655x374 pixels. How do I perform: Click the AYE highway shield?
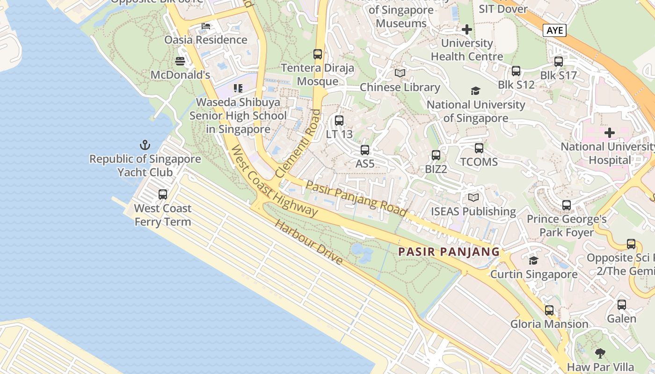(x=554, y=31)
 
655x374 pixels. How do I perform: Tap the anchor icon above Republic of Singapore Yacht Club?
(x=145, y=144)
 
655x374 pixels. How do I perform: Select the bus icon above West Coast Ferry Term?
(x=163, y=194)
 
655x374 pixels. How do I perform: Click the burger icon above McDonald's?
(x=180, y=61)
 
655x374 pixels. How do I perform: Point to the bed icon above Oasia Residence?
(x=205, y=25)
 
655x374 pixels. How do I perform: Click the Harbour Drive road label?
(x=308, y=242)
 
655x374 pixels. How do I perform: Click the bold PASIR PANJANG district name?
(x=449, y=252)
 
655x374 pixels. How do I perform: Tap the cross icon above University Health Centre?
(x=466, y=29)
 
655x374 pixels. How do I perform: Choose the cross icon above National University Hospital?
(x=609, y=133)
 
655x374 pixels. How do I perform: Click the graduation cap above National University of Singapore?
(x=475, y=91)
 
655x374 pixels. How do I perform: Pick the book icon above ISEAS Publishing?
(x=473, y=198)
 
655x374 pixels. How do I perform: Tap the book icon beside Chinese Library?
(x=400, y=73)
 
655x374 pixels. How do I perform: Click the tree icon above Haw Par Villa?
(x=600, y=353)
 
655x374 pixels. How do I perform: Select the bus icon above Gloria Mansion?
(x=549, y=310)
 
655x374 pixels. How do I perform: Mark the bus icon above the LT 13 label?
(x=339, y=120)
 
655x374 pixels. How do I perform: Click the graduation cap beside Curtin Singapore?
(x=533, y=260)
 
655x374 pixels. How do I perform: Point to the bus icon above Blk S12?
(x=516, y=71)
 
